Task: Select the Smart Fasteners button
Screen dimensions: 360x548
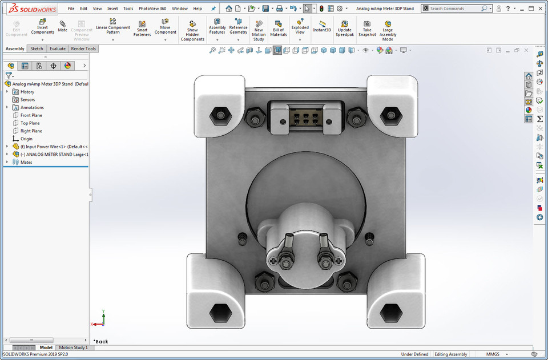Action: (142, 29)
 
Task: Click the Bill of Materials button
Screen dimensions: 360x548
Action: (279, 29)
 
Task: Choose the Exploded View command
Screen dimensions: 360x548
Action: (300, 29)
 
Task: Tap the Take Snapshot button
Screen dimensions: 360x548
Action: (367, 29)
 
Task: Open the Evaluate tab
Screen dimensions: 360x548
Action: (58, 49)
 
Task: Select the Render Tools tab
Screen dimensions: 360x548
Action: (83, 49)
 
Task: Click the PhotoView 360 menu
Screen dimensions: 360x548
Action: (152, 9)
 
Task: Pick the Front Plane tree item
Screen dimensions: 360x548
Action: (31, 115)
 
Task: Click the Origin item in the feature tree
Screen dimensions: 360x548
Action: (26, 139)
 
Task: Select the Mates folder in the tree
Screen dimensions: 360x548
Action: (26, 162)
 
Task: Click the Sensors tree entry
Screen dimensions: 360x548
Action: (27, 100)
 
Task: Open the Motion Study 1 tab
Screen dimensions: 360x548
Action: (73, 347)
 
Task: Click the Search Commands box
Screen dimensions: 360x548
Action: (456, 9)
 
